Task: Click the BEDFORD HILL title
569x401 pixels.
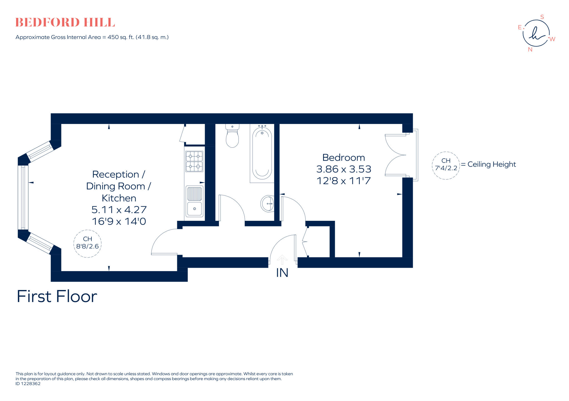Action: click(65, 22)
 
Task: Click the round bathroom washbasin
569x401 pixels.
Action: click(267, 204)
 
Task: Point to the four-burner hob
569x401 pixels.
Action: click(194, 161)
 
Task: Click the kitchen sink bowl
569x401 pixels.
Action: click(194, 209)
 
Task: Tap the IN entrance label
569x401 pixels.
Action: click(282, 273)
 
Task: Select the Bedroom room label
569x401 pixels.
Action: click(343, 158)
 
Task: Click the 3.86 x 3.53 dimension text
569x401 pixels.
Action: click(344, 169)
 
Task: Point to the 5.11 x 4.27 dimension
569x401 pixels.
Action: click(119, 210)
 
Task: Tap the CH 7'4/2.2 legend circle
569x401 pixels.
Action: click(446, 165)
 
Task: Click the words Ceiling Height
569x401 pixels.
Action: click(491, 164)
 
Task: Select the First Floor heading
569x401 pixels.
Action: click(57, 296)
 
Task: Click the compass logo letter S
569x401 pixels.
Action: click(542, 17)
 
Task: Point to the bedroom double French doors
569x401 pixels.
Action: click(396, 155)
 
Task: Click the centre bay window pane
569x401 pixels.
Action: click(23, 197)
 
